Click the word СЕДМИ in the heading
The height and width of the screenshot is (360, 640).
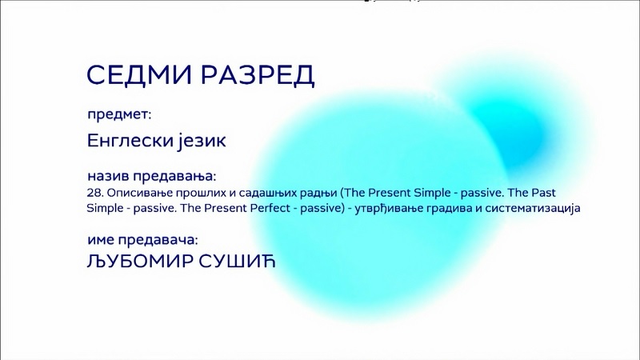point(138,74)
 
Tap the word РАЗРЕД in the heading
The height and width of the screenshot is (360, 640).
point(258,75)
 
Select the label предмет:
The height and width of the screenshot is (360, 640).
point(119,114)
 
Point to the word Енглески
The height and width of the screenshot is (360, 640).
point(130,141)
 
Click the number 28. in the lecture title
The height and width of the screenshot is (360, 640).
point(95,193)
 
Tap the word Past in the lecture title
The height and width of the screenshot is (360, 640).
point(543,193)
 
